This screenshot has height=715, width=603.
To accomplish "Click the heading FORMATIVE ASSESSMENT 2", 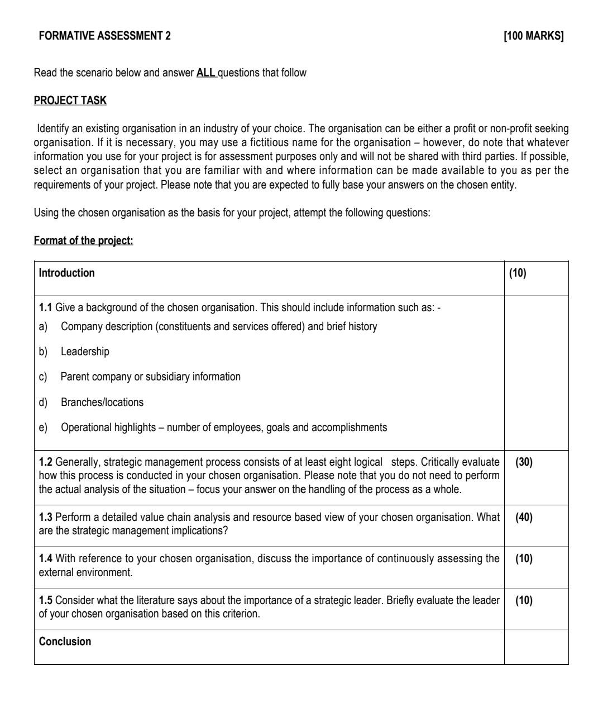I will point(105,36).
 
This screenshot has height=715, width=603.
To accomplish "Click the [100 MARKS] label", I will point(533,36).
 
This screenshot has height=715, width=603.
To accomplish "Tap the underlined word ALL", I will point(206,73).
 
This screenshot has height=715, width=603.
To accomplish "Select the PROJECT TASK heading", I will point(70,100).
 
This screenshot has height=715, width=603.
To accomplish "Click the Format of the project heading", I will point(83,240).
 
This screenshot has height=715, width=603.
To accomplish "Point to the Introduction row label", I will point(66,273).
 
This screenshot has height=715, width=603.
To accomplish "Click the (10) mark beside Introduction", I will point(518,273).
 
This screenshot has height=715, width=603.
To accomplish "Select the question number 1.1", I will point(45,307).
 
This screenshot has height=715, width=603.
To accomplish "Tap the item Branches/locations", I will point(102,402).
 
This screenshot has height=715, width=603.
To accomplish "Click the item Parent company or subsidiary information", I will point(150,376).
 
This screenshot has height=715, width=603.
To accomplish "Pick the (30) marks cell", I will point(524,462).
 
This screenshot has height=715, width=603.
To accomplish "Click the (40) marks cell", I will point(524,517).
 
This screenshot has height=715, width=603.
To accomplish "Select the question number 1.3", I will point(45,517).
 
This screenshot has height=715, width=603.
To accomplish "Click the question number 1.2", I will point(45,462).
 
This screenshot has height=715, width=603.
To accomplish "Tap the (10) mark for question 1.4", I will point(524,558).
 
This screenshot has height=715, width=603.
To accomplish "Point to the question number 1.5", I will point(45,600).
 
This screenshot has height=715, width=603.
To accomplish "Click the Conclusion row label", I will point(65,641).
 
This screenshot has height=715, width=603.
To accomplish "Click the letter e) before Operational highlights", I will point(43,427).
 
